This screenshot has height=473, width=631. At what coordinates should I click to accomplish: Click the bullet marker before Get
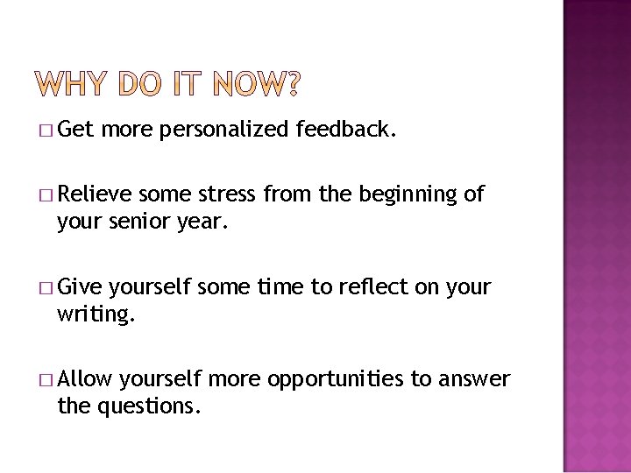[46, 131]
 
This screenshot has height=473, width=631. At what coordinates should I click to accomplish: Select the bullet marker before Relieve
[46, 195]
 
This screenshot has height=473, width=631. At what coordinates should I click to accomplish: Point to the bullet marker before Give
[46, 287]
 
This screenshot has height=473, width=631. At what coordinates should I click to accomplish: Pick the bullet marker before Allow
[46, 379]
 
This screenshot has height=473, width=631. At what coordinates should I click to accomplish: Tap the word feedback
[347, 131]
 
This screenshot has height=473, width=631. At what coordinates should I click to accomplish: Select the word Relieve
[95, 194]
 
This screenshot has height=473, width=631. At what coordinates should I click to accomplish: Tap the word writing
[96, 314]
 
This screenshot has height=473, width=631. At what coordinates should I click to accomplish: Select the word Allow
[85, 378]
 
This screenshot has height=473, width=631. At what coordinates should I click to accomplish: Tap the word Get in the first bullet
[75, 131]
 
